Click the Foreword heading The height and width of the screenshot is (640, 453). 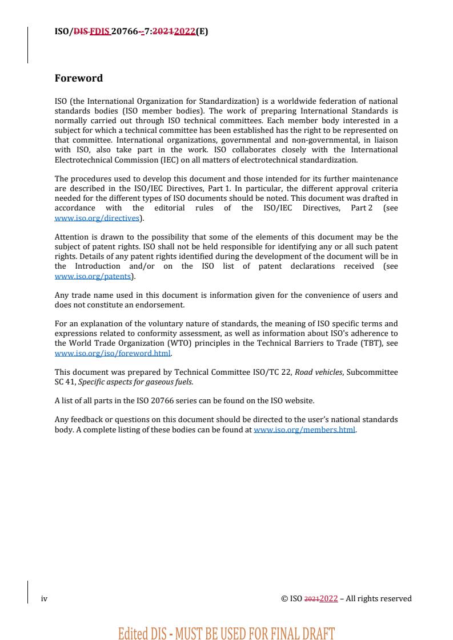click(78, 78)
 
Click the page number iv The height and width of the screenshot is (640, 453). click(44, 598)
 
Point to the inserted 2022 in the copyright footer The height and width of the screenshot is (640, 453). click(328, 598)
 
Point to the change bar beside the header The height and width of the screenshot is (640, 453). click(27, 44)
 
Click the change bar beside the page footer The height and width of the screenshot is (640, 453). click(27, 592)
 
